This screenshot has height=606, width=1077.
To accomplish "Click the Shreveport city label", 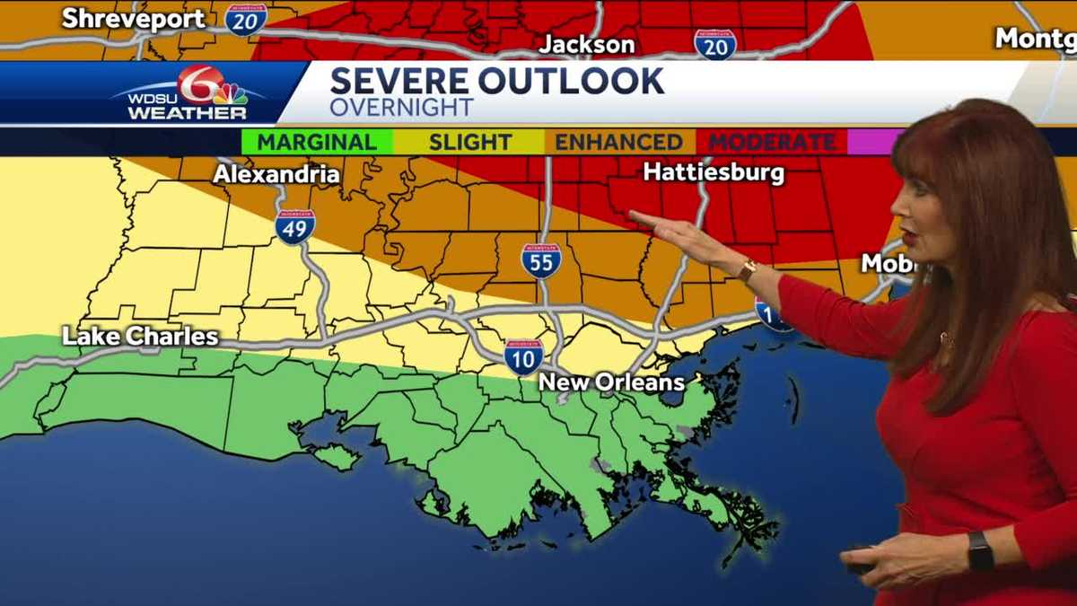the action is click(133, 18).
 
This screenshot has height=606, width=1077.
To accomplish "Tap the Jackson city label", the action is click(587, 44).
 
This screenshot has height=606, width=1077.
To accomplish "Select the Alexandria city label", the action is click(276, 174).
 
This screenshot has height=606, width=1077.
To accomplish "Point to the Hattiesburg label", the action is click(714, 171).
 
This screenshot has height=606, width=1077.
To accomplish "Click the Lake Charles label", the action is click(140, 337).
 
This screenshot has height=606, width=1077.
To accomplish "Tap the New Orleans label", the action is click(611, 383).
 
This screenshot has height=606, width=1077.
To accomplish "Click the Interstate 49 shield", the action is click(294, 226).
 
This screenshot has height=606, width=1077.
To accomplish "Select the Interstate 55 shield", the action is click(541, 259).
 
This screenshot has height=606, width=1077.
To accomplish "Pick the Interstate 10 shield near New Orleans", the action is click(522, 356).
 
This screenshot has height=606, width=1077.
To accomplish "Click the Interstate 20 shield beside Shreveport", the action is click(245, 19).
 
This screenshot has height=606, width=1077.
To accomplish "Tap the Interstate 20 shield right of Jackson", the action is click(715, 43).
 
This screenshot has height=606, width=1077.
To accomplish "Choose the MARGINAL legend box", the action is click(317, 142).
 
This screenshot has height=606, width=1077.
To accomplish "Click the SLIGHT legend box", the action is click(469, 142).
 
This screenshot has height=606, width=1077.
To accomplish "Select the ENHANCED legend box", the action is click(618, 142).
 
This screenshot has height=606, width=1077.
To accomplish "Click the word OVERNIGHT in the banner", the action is click(401, 107).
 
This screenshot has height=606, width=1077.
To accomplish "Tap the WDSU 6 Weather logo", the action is click(189, 93).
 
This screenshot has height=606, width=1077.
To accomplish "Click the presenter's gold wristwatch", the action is click(747, 269).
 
